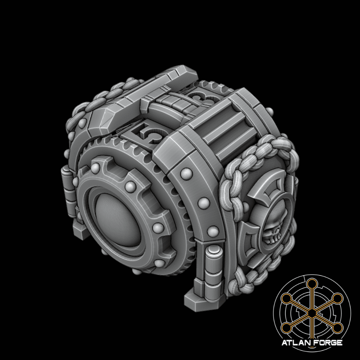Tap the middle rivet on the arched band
click(203, 203)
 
